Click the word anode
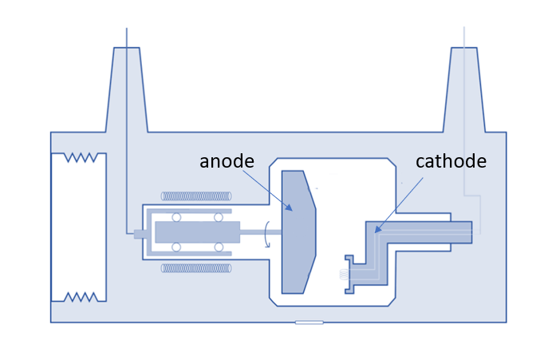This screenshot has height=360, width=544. click(227, 161)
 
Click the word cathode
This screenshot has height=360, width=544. click(451, 161)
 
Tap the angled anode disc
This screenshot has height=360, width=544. click(298, 231)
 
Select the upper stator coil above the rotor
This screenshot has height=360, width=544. click(196, 196)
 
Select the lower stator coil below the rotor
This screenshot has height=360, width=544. click(196, 268)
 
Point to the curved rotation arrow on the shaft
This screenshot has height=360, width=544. click(268, 232)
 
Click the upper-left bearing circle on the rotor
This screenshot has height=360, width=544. click(176, 217)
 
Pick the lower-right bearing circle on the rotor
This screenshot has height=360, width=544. click(219, 247)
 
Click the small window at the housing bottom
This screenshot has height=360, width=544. click(309, 322)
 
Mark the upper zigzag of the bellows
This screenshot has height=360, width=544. click(81, 157)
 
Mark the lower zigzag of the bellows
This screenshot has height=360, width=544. click(81, 297)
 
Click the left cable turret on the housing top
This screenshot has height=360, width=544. click(127, 88)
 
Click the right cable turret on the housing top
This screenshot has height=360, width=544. click(465, 88)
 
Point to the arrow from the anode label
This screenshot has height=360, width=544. click(268, 190)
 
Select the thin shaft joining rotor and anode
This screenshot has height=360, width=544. click(260, 232)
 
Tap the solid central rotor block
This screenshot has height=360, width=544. click(197, 232)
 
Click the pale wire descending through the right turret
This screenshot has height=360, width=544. click(464, 120)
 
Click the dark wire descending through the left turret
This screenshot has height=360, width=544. click(127, 160)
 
